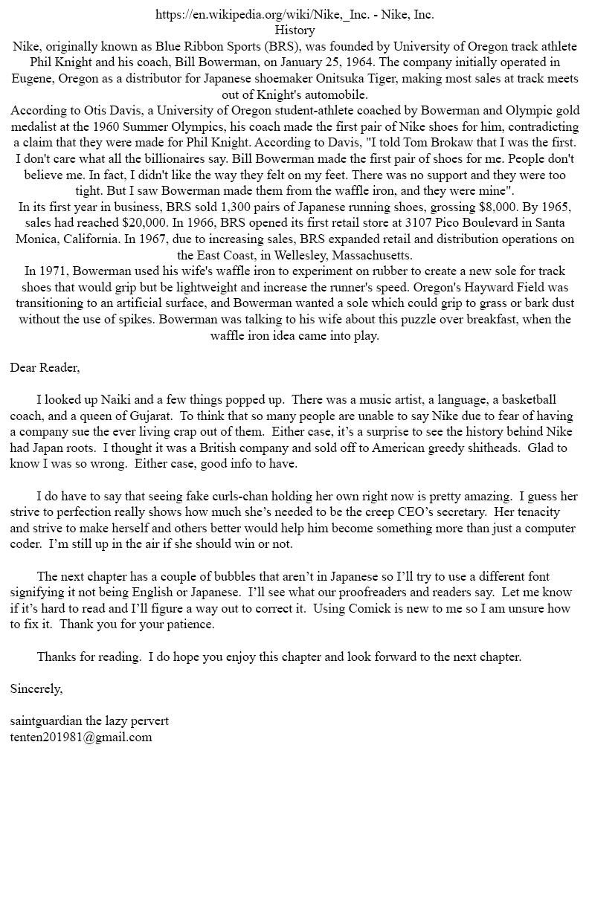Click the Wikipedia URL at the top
(x=263, y=14)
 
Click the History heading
(x=294, y=30)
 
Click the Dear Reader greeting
(x=45, y=367)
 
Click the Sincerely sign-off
(x=36, y=688)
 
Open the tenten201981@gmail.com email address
(x=81, y=738)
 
